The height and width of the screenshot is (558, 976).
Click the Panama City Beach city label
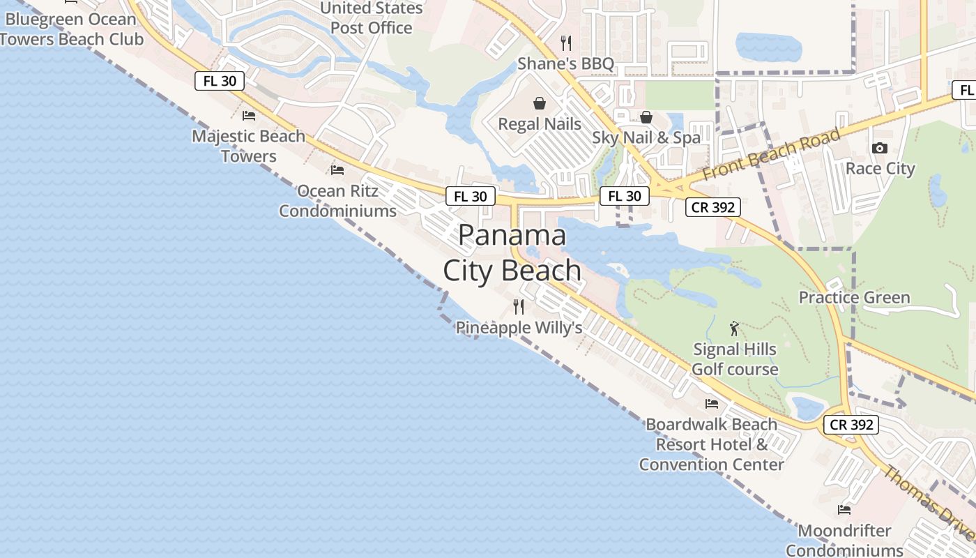512,252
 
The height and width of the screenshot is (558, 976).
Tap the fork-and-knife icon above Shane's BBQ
566,43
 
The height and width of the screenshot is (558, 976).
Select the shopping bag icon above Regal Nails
540,104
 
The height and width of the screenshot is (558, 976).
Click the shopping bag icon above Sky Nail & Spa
646,117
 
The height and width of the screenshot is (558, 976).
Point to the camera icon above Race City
880,148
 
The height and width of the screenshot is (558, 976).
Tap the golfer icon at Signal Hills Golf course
734,328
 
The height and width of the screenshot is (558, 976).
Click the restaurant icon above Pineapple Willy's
519,307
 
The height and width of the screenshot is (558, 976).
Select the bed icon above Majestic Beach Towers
249,116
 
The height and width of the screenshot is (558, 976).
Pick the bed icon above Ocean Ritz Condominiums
337,170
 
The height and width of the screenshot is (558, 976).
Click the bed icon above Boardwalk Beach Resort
712,404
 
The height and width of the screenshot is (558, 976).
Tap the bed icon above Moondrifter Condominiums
844,510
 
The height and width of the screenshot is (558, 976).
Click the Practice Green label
854,298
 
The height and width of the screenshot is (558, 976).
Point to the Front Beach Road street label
771,155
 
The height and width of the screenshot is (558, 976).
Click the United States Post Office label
372,18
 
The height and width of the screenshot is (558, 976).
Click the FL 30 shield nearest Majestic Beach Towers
220,81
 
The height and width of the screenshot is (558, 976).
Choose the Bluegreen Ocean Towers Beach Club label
72,29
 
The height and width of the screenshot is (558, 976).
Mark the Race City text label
880,169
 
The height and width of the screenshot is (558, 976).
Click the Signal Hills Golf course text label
735,359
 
